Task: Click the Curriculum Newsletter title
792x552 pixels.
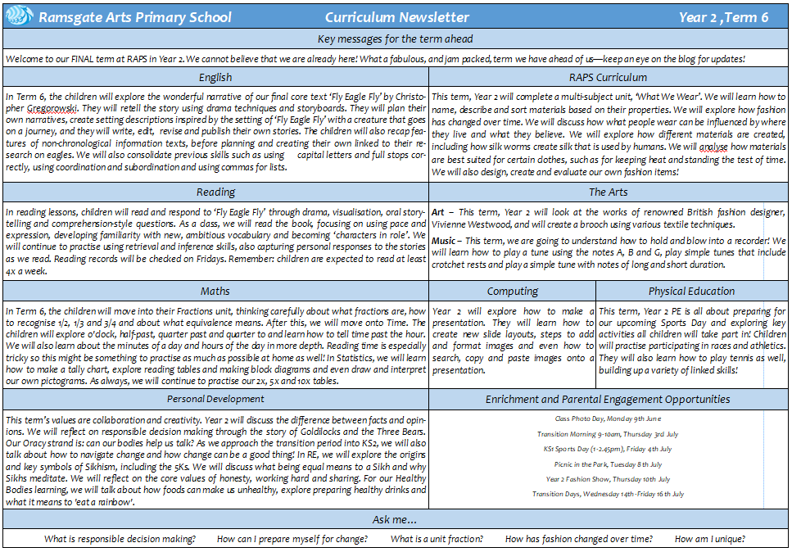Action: click(397, 17)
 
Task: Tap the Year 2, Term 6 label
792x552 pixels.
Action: click(723, 17)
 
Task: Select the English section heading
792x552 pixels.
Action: click(215, 78)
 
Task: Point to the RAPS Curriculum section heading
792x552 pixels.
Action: click(608, 78)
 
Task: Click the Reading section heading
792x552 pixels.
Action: click(215, 192)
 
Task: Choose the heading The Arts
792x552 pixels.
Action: click(608, 192)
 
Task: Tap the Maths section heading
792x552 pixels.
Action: click(215, 291)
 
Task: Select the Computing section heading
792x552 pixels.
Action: click(513, 291)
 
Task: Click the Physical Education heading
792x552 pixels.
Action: click(692, 291)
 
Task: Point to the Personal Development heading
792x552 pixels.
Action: click(215, 399)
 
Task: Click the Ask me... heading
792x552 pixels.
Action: click(395, 520)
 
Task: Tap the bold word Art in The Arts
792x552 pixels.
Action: click(439, 212)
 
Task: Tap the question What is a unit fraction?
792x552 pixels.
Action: click(437, 539)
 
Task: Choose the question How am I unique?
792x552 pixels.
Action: click(710, 539)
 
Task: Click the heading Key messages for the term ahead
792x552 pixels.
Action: click(395, 38)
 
